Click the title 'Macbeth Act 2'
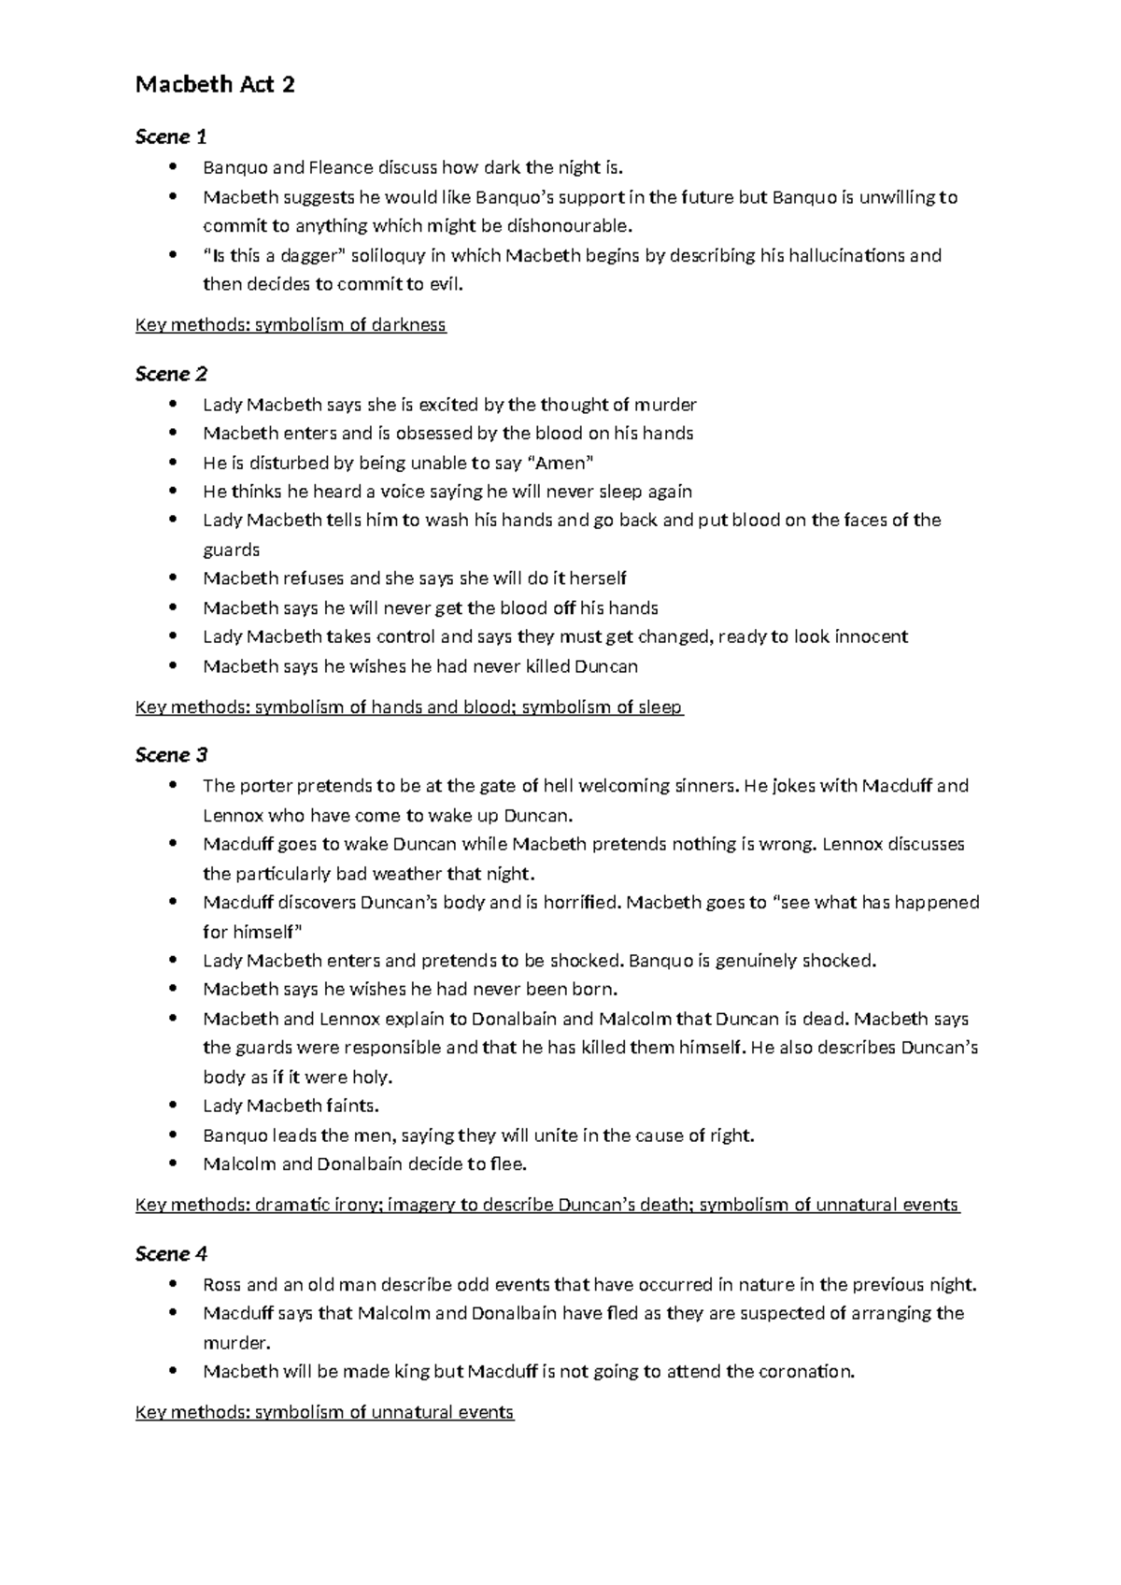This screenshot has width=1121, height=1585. coord(215,84)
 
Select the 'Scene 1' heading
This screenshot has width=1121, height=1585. coord(171,137)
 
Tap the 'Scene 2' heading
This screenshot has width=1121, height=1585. coord(171,374)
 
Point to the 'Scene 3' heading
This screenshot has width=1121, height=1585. coord(171,754)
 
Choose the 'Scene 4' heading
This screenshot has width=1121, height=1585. coord(171,1253)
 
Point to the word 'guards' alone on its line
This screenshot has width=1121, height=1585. coord(231,550)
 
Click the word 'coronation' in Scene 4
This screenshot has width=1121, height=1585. coord(804,1372)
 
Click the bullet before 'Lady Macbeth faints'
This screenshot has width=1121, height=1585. coord(172,1106)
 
